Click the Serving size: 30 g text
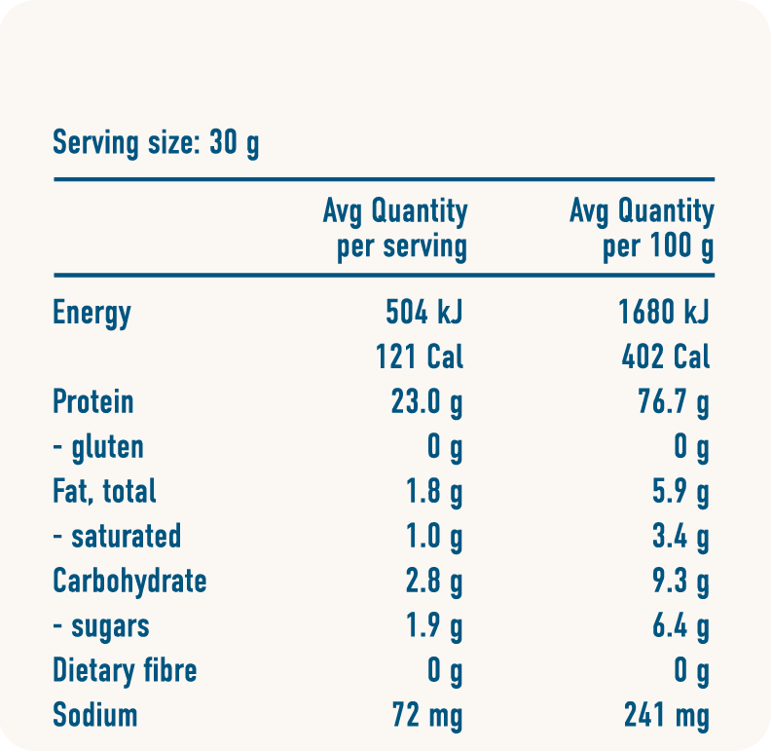pyautogui.click(x=156, y=144)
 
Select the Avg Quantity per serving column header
pyautogui.click(x=395, y=228)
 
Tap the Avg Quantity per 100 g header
pyautogui.click(x=642, y=228)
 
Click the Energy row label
pyautogui.click(x=92, y=314)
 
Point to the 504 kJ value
pyautogui.click(x=424, y=313)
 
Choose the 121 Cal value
pyautogui.click(x=420, y=357)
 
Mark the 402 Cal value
pyautogui.click(x=666, y=357)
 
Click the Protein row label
pyautogui.click(x=93, y=401)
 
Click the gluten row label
pyautogui.click(x=98, y=447)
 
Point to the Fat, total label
pyautogui.click(x=104, y=491)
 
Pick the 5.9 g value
pyautogui.click(x=680, y=492)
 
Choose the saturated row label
pyautogui.click(x=117, y=536)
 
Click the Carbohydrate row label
pyautogui.click(x=129, y=581)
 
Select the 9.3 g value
pyautogui.click(x=680, y=582)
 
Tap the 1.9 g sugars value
pyautogui.click(x=433, y=626)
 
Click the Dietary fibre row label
pyautogui.click(x=125, y=670)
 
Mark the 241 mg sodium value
pyautogui.click(x=667, y=716)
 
